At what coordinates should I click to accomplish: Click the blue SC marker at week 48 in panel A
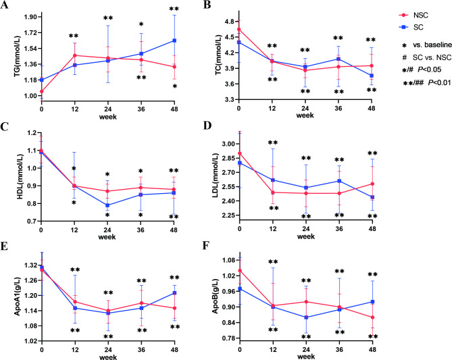175,41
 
